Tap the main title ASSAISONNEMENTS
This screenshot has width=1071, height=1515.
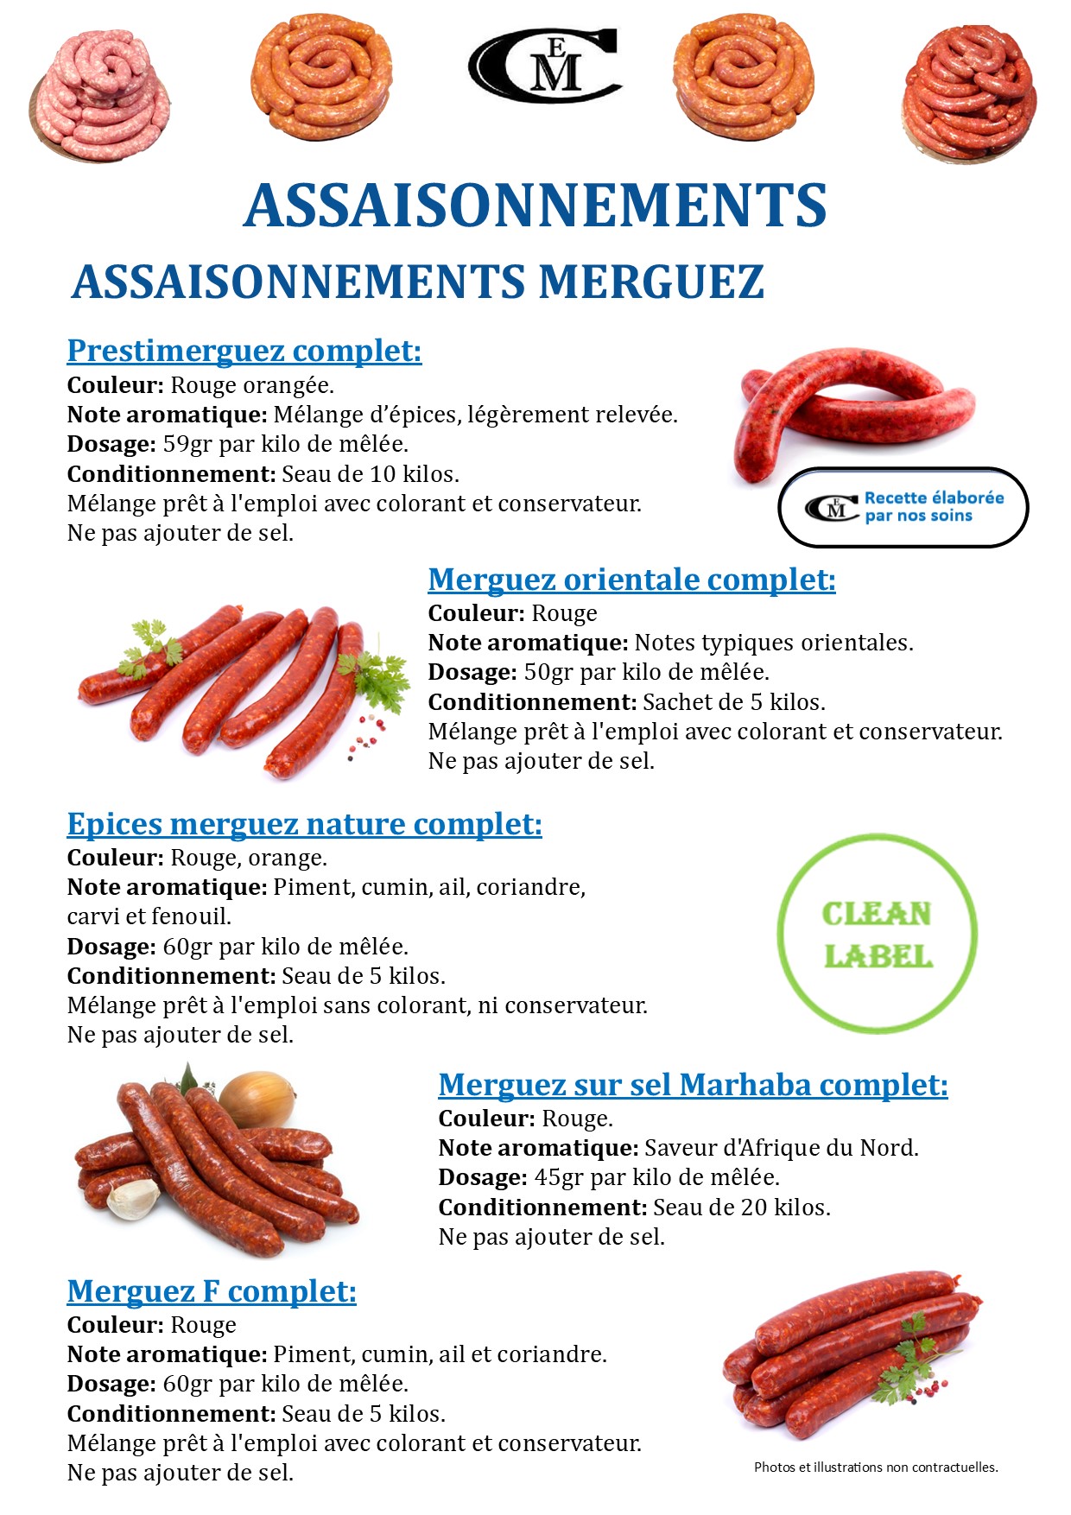pos(535,206)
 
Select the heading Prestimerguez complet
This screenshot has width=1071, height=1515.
pos(244,351)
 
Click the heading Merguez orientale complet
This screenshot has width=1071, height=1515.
pos(631,580)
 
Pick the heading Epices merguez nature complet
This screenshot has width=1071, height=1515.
pos(304,824)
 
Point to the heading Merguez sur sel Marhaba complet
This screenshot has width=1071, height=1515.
pos(693,1085)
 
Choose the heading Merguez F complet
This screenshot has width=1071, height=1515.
pos(212,1291)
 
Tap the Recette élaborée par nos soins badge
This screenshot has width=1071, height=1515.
pos(903,508)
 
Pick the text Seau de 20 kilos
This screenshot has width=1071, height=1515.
pos(741,1208)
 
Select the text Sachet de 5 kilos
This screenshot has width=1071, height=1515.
pos(733,702)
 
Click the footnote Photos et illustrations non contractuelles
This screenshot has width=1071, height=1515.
pos(876,1467)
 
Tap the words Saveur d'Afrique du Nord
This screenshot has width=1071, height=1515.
pos(781,1148)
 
